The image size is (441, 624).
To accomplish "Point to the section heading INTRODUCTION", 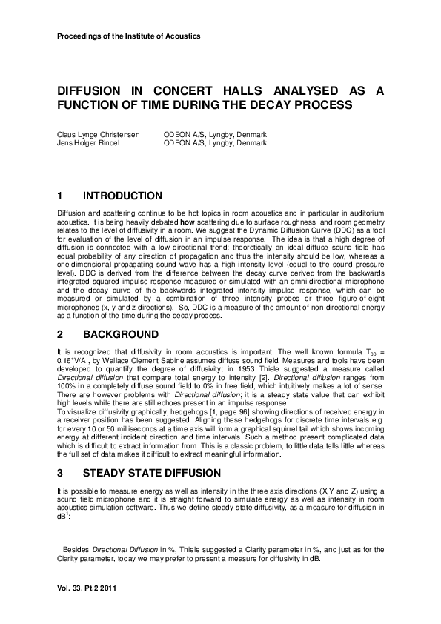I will click(122, 196).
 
